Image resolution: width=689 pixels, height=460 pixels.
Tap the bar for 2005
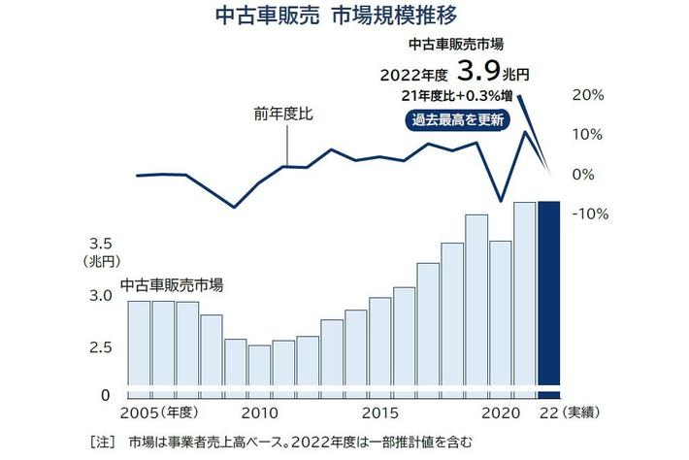click(140, 345)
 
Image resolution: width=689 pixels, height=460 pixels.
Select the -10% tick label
click(586, 214)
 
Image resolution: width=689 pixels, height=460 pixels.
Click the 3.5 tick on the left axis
click(102, 243)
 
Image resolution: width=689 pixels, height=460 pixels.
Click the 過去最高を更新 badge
click(456, 120)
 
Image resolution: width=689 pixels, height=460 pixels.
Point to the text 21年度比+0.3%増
click(456, 95)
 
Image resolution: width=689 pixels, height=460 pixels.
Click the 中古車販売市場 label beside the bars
click(172, 285)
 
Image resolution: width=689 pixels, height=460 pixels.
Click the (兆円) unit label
click(101, 261)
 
